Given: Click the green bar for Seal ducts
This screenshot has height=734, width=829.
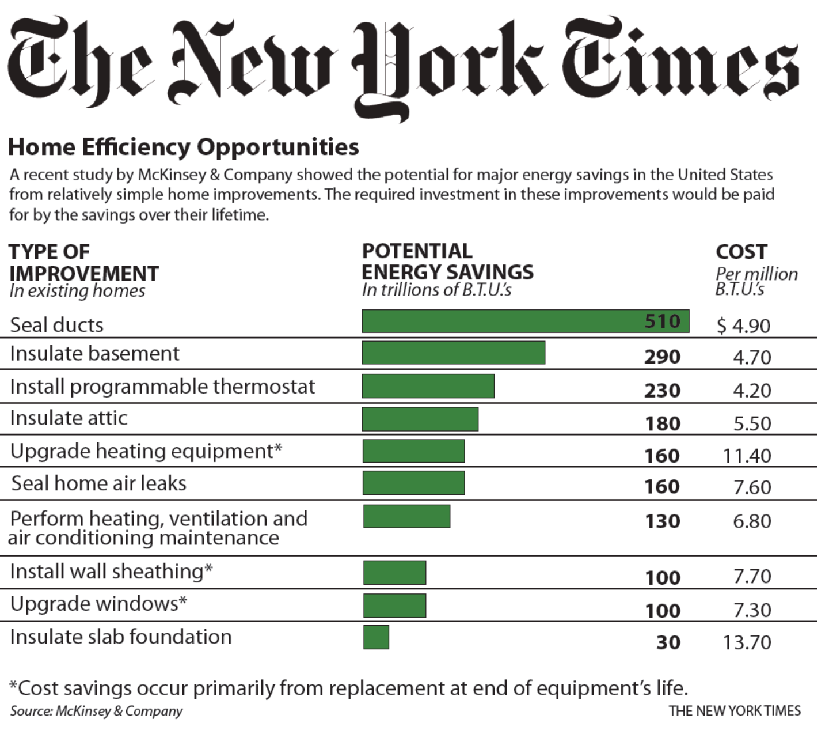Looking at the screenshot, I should click(501, 321).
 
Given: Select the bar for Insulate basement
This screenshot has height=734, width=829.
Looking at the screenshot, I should click(453, 353).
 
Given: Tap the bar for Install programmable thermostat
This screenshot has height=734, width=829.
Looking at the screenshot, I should click(428, 386).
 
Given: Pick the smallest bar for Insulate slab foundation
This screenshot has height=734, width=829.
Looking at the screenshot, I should click(376, 637).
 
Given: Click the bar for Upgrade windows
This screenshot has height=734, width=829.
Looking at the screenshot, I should click(394, 606).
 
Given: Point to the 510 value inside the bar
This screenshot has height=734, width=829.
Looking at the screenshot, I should click(662, 321).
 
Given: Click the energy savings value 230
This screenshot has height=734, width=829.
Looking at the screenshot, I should click(662, 391).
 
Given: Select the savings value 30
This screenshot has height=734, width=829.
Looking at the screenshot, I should click(668, 642).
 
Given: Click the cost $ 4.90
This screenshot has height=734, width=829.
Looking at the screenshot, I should click(743, 326).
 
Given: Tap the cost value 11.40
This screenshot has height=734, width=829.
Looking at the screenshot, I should click(747, 456).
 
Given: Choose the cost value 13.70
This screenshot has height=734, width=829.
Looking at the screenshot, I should click(747, 642).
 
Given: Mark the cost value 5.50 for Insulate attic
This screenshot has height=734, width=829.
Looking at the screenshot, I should click(752, 423).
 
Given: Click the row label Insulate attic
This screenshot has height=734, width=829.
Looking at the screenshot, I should click(69, 418).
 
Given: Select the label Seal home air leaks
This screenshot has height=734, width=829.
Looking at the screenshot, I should click(98, 483).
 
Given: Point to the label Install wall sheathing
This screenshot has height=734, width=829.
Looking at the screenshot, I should click(111, 572).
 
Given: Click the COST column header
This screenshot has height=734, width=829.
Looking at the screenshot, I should click(741, 252).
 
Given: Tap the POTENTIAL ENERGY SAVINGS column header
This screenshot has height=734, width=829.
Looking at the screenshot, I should click(447, 262).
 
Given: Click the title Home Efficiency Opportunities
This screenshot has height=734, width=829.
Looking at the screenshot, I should click(183, 147).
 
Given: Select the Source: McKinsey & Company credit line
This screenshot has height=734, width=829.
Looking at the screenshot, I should click(96, 711).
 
